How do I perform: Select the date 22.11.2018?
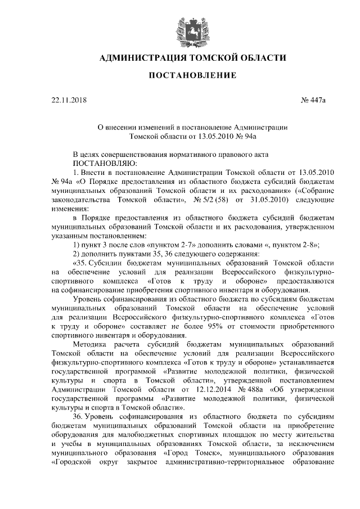pyautogui.click(x=66, y=101)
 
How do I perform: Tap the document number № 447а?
pyautogui.click(x=314, y=101)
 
